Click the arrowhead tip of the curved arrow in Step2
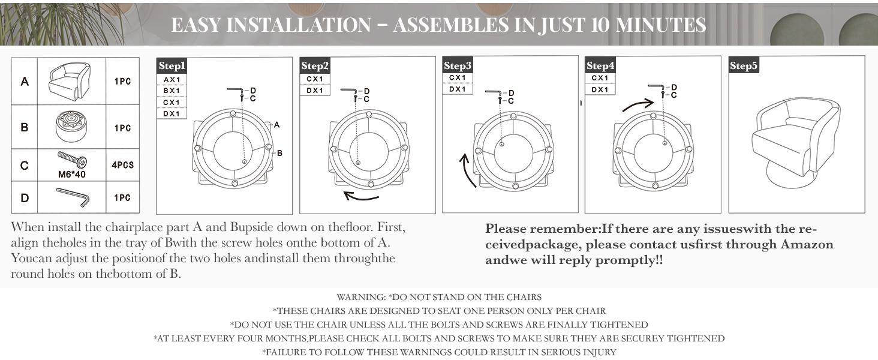click(x=344, y=192)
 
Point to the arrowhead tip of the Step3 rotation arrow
click(x=464, y=154)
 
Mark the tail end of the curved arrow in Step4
click(x=623, y=111)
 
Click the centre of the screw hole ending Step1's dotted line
click(x=245, y=161)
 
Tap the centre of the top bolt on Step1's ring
click(x=233, y=114)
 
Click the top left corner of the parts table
click(x=11, y=58)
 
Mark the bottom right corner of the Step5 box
click(x=865, y=213)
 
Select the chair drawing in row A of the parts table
click(x=70, y=81)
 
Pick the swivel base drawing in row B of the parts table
click(x=71, y=126)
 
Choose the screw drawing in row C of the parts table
click(x=72, y=160)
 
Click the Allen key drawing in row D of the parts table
click(x=73, y=197)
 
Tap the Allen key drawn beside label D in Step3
click(x=493, y=92)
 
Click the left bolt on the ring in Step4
click(x=618, y=150)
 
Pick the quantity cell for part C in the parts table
click(x=123, y=165)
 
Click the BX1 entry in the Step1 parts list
click(x=172, y=91)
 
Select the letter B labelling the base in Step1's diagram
click(x=279, y=153)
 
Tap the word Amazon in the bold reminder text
click(x=807, y=244)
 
